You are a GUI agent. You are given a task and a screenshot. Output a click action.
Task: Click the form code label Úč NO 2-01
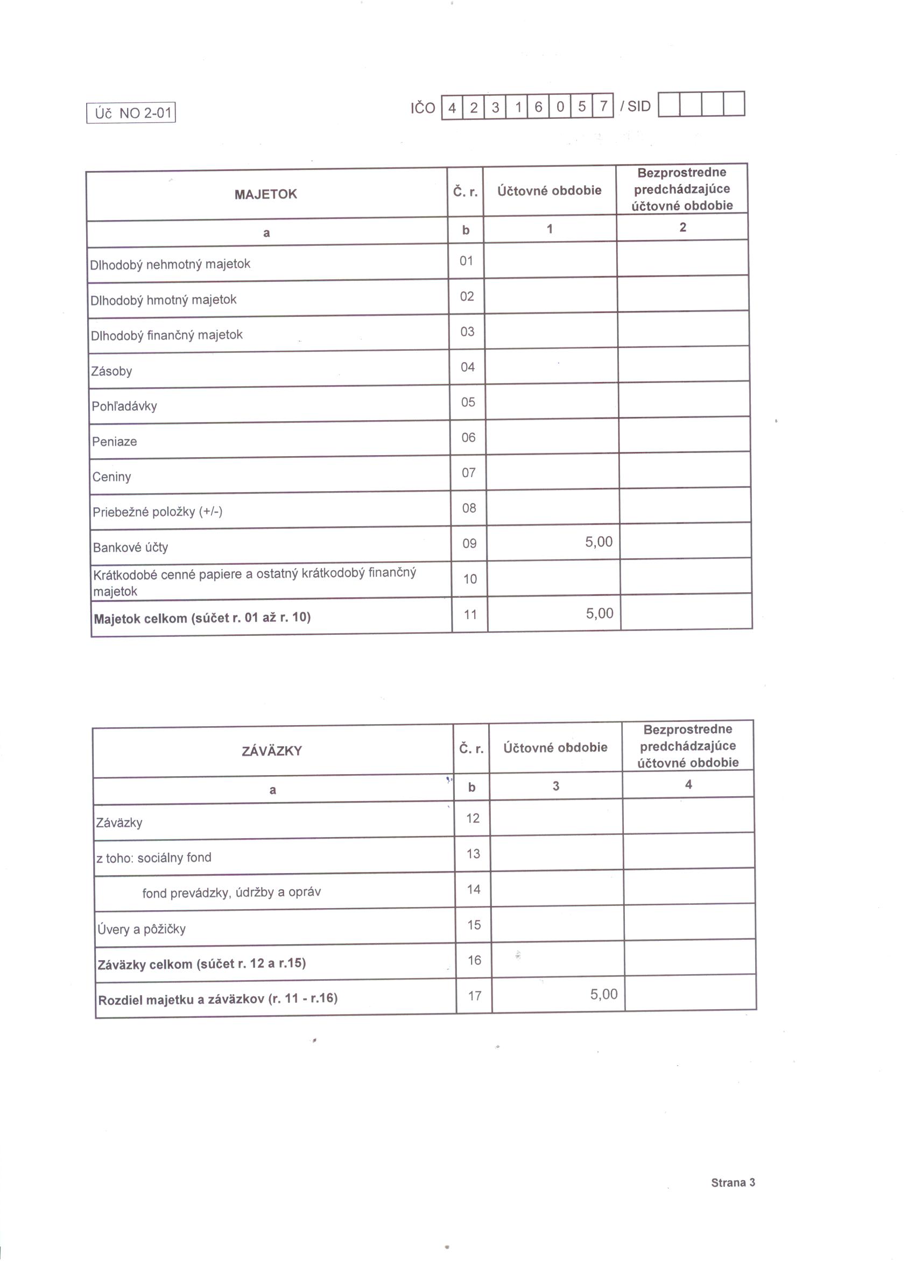coord(131,113)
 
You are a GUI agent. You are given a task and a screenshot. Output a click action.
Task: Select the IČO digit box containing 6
coord(538,107)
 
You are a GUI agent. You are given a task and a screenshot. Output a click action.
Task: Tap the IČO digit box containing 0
coord(560,107)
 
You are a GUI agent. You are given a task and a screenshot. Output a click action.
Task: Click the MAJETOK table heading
coord(265,194)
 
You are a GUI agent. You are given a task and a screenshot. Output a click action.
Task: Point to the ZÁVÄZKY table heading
coord(271,750)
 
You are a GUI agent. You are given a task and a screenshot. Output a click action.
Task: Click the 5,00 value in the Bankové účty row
coord(599,542)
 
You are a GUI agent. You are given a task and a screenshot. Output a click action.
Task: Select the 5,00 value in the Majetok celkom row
coord(599,613)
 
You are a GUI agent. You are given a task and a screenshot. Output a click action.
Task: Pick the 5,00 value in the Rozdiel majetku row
coord(603,994)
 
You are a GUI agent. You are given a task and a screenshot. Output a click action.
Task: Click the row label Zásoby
coord(111,371)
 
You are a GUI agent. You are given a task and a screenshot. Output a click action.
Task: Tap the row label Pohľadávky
coord(124,406)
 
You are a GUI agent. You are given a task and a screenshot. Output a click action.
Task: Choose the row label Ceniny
coord(111,477)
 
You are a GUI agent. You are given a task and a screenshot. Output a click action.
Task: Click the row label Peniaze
coord(114,442)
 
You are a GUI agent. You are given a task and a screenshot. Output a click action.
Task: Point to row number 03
coord(467,331)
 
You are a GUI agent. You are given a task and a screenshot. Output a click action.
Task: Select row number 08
coord(469,508)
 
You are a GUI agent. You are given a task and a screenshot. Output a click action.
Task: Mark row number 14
coord(473,889)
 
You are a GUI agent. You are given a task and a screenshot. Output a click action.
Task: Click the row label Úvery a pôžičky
coord(141,929)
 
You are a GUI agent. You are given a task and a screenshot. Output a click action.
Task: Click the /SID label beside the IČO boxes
coord(635,106)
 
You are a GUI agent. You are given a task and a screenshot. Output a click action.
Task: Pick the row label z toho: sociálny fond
coord(153,858)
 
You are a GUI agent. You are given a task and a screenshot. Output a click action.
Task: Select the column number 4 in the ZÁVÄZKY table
coord(688,784)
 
